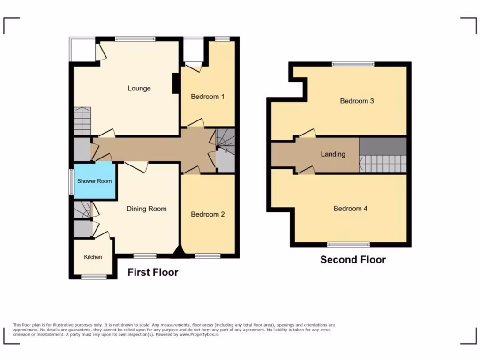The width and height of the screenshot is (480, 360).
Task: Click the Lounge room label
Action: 139,88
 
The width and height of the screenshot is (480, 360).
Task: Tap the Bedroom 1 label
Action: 208,97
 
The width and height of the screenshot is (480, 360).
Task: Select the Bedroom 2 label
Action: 208,214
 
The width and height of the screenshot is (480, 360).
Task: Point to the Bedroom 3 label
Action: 357,101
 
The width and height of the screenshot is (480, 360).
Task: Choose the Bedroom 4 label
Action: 351,209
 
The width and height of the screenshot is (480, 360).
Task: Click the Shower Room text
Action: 94,181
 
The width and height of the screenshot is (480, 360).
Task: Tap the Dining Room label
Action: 147,209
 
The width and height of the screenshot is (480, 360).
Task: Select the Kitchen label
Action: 93,257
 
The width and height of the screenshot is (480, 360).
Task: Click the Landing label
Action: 333,154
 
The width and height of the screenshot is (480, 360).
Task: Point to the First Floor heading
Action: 153,272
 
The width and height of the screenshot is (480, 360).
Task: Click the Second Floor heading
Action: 353,260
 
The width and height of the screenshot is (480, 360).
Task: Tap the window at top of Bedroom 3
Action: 353,64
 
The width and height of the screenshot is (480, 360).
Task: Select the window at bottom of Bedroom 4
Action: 348,244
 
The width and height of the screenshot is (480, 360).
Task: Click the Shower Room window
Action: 71,181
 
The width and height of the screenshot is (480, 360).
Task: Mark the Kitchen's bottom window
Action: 93,277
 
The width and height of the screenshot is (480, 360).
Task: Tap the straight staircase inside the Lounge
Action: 82,121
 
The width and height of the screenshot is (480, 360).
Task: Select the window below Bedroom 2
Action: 208,256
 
